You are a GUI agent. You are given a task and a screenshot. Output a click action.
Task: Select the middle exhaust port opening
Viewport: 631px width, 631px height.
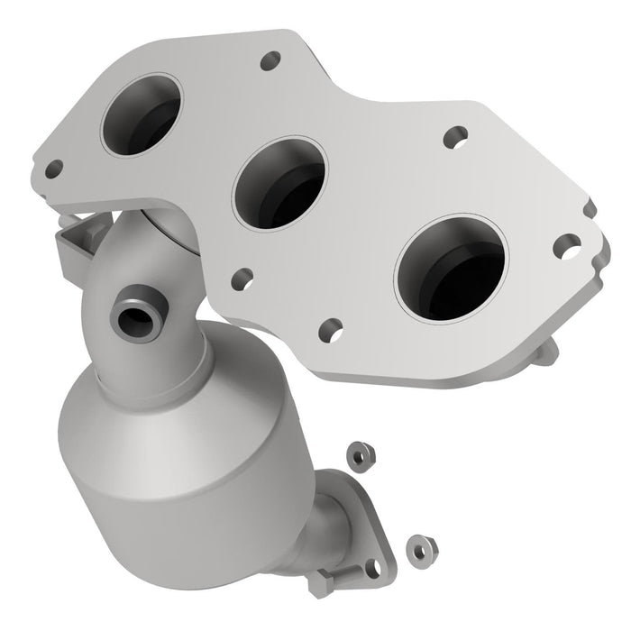279,184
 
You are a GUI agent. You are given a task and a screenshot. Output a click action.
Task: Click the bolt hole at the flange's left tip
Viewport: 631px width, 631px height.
55,168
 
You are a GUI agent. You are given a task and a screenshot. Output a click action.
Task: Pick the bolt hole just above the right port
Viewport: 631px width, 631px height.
453,138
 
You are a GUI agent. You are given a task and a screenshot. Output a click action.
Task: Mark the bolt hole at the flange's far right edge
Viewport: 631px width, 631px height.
567,243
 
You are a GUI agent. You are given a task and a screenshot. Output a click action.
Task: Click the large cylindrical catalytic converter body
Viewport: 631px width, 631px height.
162,451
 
